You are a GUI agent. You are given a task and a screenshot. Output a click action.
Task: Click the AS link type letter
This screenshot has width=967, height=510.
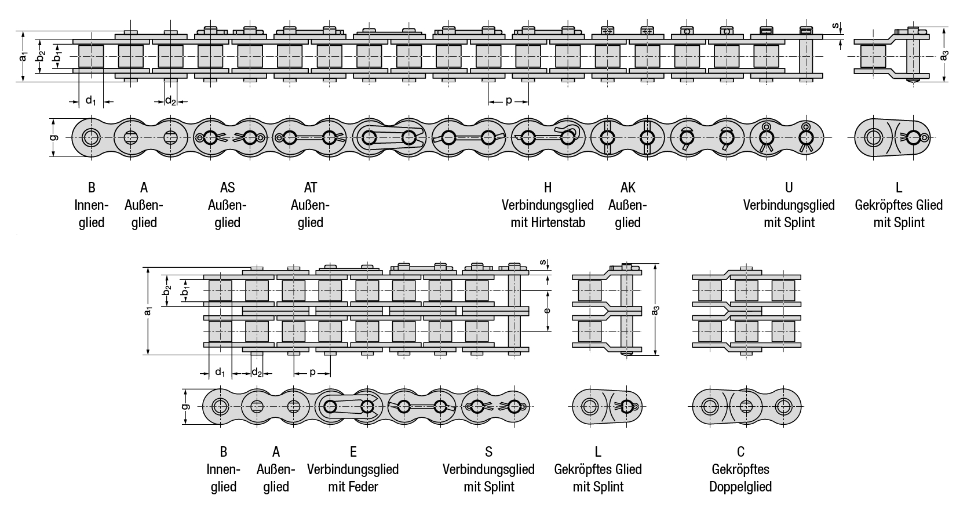tap(227, 188)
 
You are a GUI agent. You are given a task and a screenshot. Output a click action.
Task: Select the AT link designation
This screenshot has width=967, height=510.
tap(310, 188)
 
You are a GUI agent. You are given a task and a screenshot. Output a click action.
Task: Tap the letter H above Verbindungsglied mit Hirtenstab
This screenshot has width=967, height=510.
tap(548, 188)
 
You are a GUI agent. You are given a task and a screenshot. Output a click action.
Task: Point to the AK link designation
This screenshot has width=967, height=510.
tap(627, 188)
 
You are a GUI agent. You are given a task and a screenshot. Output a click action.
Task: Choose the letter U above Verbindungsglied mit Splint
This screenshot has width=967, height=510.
tap(789, 188)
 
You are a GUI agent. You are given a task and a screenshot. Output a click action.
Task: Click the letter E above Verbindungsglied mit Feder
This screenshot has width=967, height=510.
tap(353, 451)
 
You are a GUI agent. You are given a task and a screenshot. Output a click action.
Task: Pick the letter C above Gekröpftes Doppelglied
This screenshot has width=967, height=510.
tap(740, 451)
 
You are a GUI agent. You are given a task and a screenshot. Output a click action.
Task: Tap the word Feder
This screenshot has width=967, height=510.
tap(365, 486)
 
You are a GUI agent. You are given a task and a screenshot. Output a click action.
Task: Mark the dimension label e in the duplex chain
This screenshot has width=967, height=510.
tap(546, 309)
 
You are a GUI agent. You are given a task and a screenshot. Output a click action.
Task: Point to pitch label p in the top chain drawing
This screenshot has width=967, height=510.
tap(508, 100)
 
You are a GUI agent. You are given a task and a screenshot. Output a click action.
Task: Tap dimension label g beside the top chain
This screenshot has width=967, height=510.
tap(53, 137)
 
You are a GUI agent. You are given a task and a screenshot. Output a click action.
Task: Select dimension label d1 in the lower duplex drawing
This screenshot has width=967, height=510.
tap(220, 371)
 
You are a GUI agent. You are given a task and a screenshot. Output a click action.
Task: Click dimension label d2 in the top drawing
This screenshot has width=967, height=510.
tap(170, 101)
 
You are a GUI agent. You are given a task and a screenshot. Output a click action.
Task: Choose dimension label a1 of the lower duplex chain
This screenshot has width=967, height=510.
tap(148, 311)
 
